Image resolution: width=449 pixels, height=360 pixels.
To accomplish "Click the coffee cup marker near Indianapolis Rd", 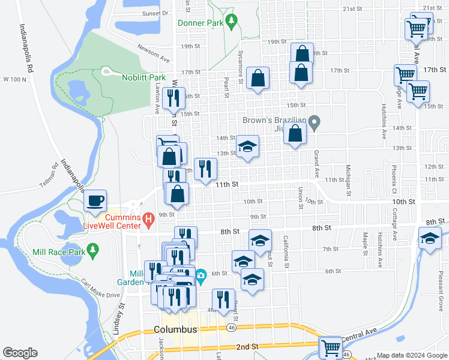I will click(96, 200).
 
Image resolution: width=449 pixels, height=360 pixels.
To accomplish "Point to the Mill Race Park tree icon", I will click(92, 250).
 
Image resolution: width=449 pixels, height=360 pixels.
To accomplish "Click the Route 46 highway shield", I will click(232, 328).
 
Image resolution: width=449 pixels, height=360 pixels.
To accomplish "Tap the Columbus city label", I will click(175, 330).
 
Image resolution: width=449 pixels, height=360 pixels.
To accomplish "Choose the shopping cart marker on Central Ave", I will click(330, 347).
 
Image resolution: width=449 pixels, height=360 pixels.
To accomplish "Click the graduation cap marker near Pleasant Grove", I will click(430, 239).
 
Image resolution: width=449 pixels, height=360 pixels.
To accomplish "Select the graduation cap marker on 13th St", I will click(247, 146).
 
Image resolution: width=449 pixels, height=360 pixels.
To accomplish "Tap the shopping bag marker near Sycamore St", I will click(258, 78).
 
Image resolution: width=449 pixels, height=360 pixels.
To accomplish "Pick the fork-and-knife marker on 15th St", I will click(173, 98).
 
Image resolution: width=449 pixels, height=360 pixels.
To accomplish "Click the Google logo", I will click(20, 353).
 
